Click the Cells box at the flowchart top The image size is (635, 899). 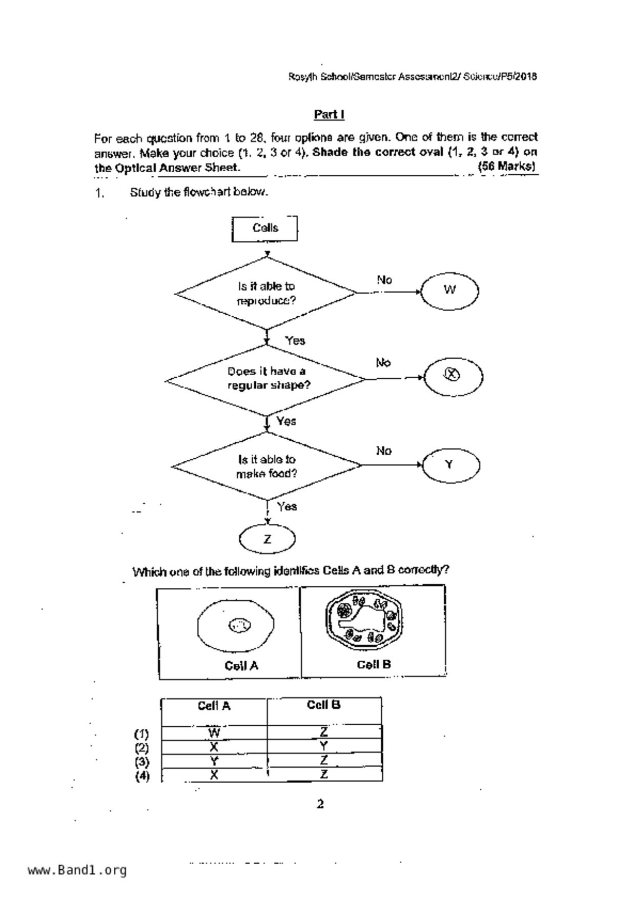click(x=264, y=228)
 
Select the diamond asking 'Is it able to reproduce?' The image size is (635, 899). click(x=266, y=293)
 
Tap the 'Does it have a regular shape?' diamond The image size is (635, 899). click(x=267, y=379)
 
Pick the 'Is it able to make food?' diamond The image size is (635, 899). click(x=267, y=466)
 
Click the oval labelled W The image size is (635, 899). click(x=449, y=291)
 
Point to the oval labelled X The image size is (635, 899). click(x=453, y=377)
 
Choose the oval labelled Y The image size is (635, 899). click(x=450, y=465)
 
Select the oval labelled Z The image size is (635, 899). click(x=267, y=539)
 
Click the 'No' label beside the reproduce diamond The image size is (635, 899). click(x=384, y=280)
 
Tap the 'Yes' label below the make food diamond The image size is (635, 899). click(x=287, y=506)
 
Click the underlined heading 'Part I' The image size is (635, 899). click(x=329, y=114)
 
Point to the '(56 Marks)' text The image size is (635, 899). click(x=506, y=167)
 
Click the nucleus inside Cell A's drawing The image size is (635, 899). click(x=239, y=625)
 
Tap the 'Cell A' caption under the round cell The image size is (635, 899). click(x=241, y=665)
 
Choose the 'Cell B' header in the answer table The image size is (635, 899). click(x=323, y=705)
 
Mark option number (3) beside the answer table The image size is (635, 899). click(x=142, y=761)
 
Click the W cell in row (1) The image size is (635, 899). click(x=214, y=732)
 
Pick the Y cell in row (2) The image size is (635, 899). click(x=323, y=746)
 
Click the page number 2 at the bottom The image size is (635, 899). click(x=320, y=804)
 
